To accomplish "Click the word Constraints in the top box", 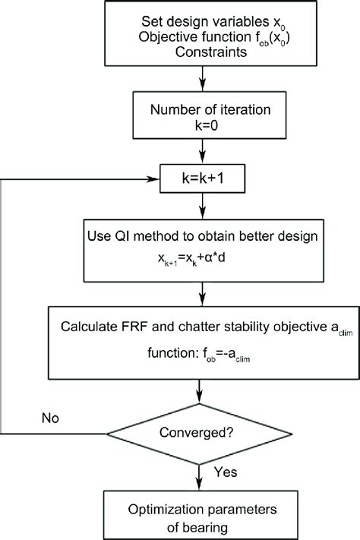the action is coord(211,52).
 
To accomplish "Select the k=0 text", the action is coord(207,125).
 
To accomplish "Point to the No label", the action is coord(50,418).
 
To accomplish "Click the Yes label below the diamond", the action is coord(226,472).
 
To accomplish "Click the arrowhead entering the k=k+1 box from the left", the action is coord(153,179).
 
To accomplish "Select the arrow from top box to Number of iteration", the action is coord(203,79).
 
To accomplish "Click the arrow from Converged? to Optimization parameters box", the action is coord(199,478).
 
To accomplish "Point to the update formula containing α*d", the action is coord(191,257).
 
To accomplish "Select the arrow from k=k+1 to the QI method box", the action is coord(203,206).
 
